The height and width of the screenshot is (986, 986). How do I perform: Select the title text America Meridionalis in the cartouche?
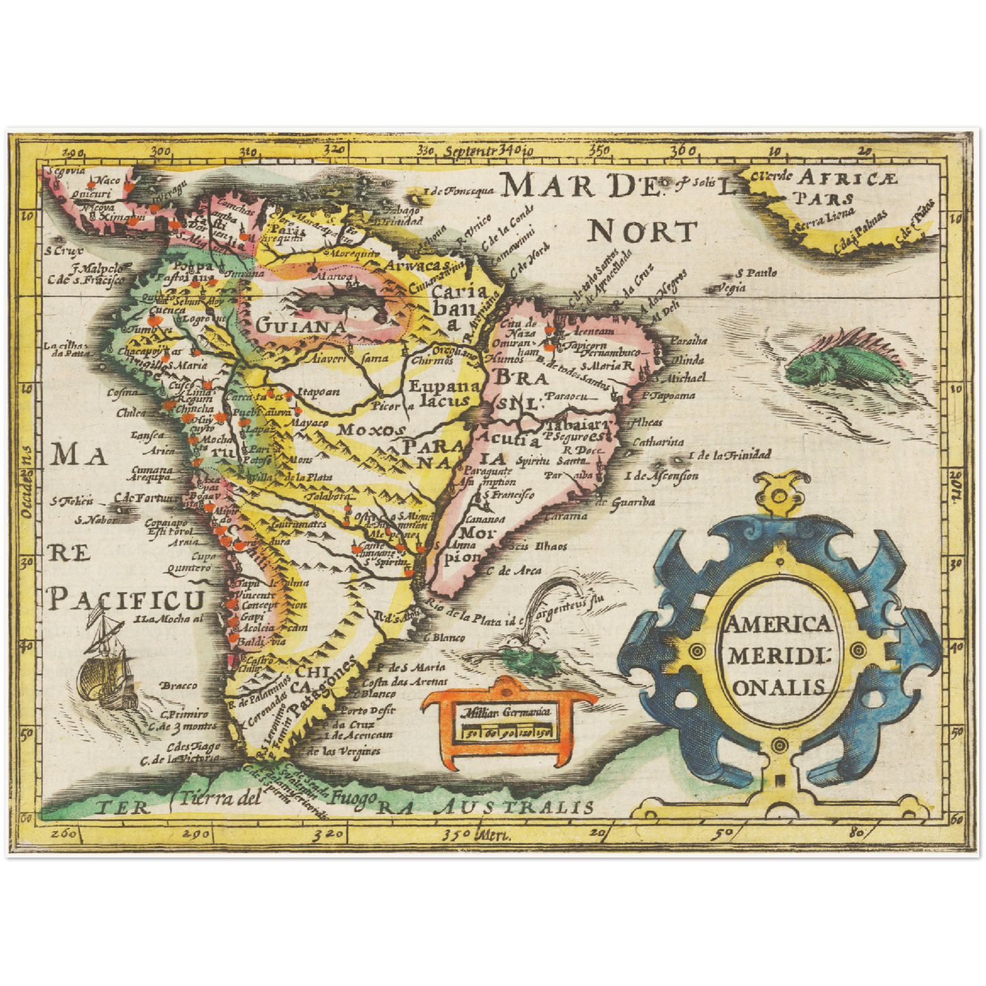[x=778, y=655]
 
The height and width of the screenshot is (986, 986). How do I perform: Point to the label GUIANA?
[x=301, y=326]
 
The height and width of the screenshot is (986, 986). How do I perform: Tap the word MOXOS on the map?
[x=372, y=430]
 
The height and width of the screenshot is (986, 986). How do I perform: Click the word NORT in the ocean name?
[x=642, y=232]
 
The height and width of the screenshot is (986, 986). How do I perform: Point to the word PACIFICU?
[x=127, y=600]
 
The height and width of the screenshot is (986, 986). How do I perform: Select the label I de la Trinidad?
[x=729, y=454]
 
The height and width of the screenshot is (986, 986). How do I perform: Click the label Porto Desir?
[x=368, y=710]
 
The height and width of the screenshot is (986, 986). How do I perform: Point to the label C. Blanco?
[x=444, y=638]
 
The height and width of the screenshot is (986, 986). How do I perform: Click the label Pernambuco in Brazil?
[x=611, y=352]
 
